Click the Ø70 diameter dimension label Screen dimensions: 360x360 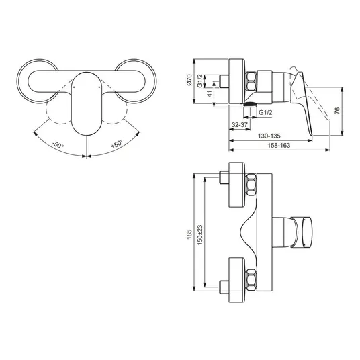(189, 80)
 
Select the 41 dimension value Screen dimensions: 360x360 (210, 93)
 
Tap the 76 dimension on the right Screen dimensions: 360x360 (337, 111)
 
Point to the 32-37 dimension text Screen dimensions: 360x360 (240, 125)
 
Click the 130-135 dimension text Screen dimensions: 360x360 (269, 136)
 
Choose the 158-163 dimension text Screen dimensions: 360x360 (279, 145)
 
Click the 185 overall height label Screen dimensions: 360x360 (189, 234)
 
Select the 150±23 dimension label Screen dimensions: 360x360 (200, 234)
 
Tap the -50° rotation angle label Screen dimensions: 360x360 (58, 145)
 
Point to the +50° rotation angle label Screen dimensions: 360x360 (117, 144)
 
